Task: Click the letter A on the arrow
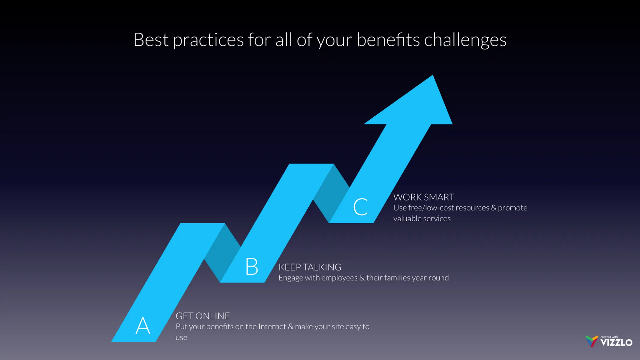(143, 326)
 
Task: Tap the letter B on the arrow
(251, 266)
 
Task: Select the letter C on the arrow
(360, 207)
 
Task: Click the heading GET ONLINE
(203, 316)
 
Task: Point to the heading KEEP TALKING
(310, 267)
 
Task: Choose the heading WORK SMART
(424, 197)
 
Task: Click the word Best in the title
(151, 40)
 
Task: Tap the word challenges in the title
(465, 40)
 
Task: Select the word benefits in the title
(388, 40)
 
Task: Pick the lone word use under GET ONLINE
(181, 338)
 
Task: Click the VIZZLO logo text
(616, 343)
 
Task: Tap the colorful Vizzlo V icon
(591, 341)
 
